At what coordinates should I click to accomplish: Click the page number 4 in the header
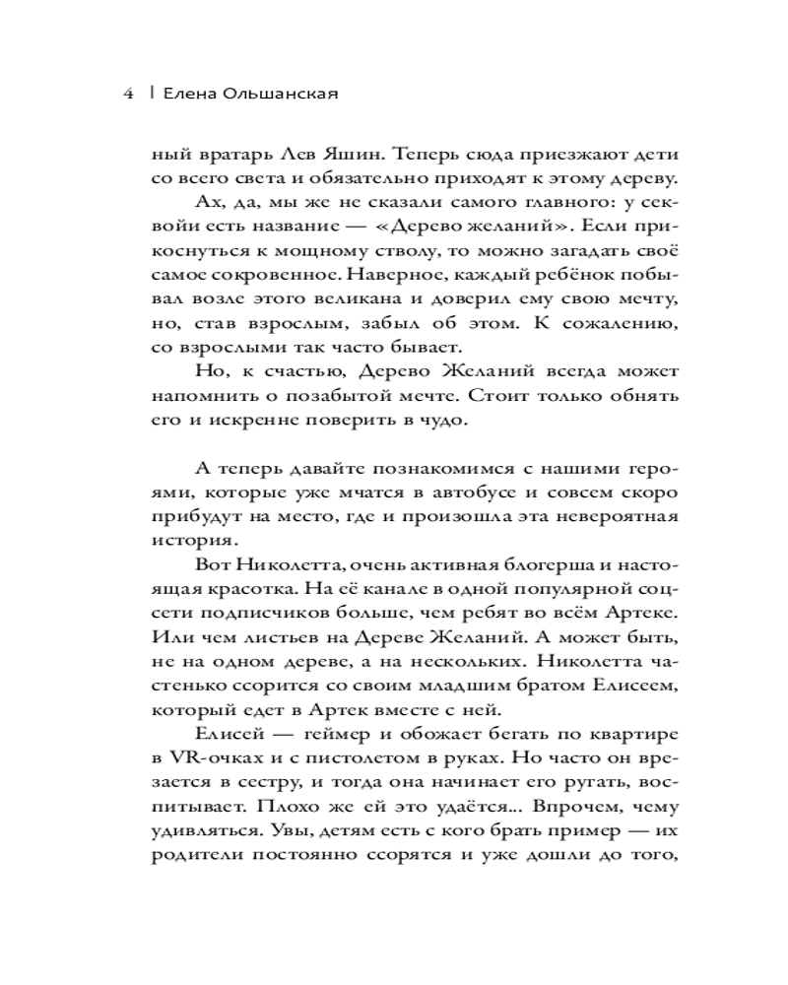pyautogui.click(x=128, y=95)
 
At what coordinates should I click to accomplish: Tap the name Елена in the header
pyautogui.click(x=184, y=95)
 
